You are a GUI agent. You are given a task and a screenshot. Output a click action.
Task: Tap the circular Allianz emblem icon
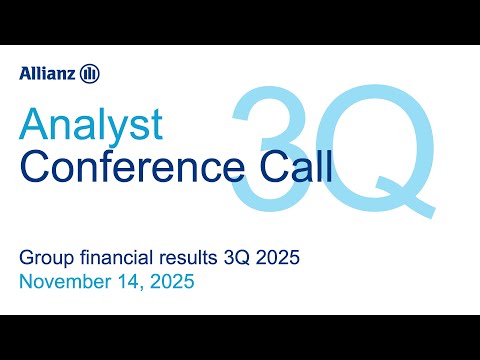click(x=91, y=73)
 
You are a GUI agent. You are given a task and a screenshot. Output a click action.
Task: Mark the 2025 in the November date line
click(x=172, y=283)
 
